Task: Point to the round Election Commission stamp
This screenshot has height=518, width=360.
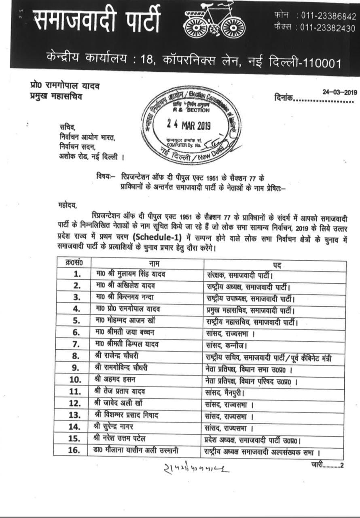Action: coord(190,124)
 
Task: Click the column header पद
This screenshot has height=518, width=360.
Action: coord(277,265)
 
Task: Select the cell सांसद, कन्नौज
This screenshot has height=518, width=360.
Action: coord(224,344)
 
